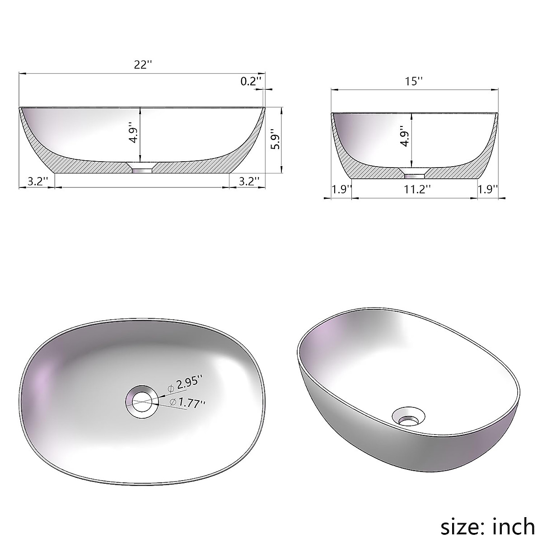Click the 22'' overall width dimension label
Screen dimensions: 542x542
click(x=142, y=65)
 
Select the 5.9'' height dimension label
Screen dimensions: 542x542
click(x=276, y=140)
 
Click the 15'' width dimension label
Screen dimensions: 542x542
click(x=414, y=82)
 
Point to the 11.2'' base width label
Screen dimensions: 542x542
click(x=415, y=189)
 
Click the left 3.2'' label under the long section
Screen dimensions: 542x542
click(x=37, y=181)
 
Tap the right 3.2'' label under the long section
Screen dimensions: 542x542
click(x=248, y=181)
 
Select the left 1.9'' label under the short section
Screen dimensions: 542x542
click(x=341, y=189)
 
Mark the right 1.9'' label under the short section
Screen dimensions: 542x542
click(x=488, y=189)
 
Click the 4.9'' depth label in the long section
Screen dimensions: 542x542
click(x=133, y=132)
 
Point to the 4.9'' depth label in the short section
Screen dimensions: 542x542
click(x=404, y=138)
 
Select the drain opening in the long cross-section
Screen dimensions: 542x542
click(x=142, y=168)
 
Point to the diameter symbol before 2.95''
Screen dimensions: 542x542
click(x=171, y=388)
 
